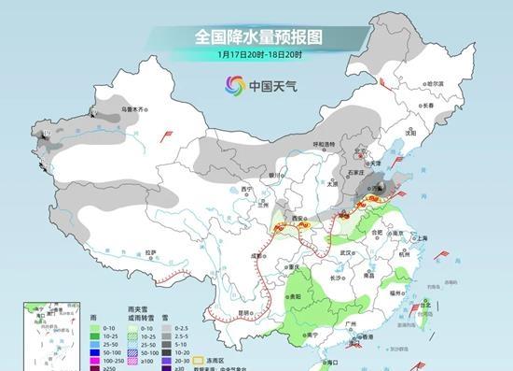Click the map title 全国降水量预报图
pyautogui.click(x=257, y=37)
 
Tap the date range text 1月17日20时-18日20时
pyautogui.click(x=257, y=55)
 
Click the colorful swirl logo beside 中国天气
pyautogui.click(x=230, y=86)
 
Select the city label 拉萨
pyautogui.click(x=150, y=252)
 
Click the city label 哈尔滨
pyautogui.click(x=435, y=84)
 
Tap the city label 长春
pyautogui.click(x=428, y=105)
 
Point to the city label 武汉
pyautogui.click(x=349, y=252)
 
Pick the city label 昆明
pyautogui.click(x=244, y=312)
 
